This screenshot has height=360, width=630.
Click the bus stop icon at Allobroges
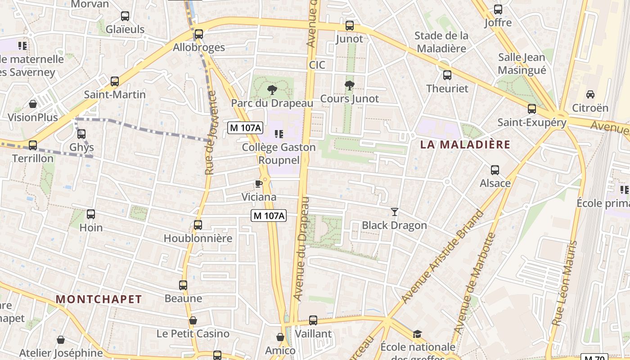(198, 34)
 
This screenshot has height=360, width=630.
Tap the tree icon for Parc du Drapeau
(272, 90)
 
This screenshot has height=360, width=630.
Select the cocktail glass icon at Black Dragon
(395, 212)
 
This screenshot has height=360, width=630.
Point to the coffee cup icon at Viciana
(259, 184)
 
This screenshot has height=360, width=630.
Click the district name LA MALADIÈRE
(465, 144)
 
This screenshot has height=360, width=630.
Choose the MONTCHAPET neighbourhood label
(99, 299)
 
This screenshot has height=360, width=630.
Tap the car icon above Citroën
(590, 94)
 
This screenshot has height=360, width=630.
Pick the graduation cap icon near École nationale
(418, 334)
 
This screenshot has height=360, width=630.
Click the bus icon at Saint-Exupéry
(532, 109)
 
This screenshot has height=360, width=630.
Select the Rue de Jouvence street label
(210, 133)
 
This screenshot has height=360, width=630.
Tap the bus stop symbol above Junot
(350, 26)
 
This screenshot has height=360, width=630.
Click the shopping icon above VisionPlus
(33, 104)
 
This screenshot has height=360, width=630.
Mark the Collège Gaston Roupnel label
(279, 153)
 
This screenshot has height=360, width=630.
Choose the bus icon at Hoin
(91, 214)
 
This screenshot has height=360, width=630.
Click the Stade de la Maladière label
(441, 42)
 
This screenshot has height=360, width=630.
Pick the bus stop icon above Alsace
(495, 170)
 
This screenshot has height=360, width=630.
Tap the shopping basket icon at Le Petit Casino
(193, 320)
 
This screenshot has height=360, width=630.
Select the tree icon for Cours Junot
(349, 85)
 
